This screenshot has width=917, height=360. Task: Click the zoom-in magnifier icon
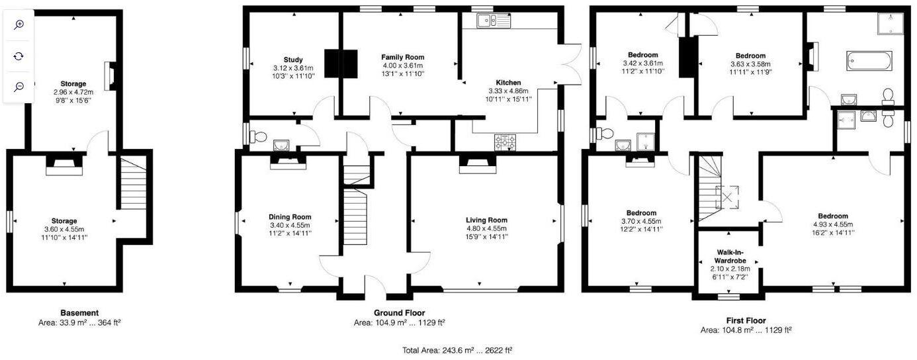(19, 24)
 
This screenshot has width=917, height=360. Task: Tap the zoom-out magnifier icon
(19, 87)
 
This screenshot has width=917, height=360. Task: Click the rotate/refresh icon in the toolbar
(19, 56)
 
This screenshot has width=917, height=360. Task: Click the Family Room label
(402, 58)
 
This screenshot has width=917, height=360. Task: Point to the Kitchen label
(509, 82)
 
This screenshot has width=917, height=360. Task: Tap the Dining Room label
(290, 217)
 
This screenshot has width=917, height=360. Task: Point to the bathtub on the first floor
(869, 62)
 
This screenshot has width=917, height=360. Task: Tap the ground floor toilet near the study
(258, 137)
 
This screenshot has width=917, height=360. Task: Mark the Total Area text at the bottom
(457, 350)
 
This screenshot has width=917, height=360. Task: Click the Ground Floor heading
(399, 312)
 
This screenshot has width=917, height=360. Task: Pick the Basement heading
(79, 313)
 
